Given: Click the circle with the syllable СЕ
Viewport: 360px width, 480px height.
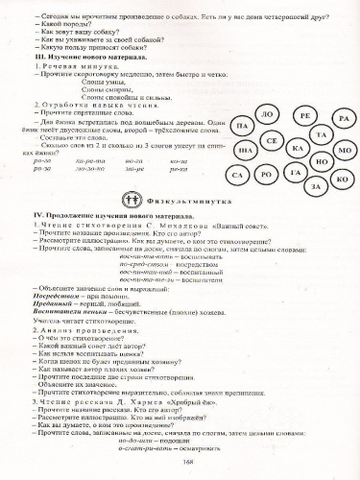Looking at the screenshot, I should pyautogui.click(x=272, y=141).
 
